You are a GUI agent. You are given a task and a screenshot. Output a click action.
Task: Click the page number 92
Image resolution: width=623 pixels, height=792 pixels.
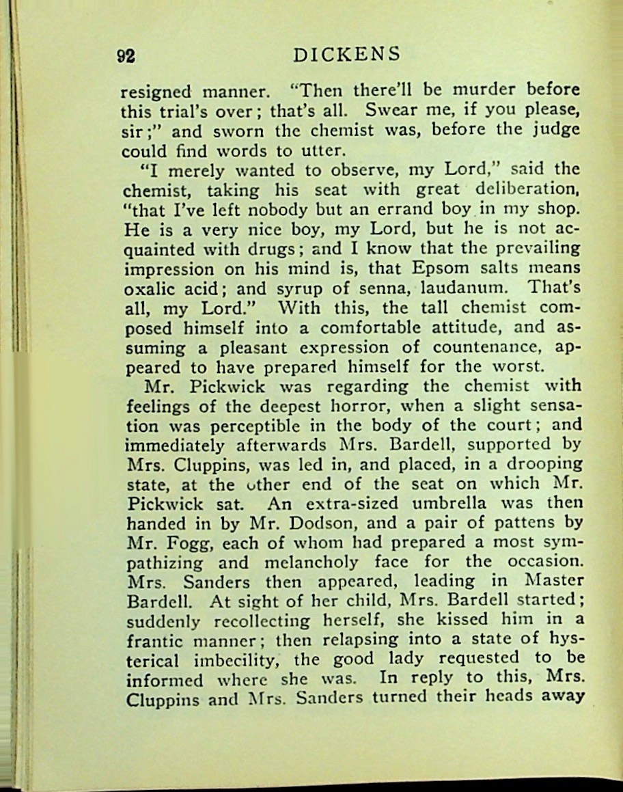tap(125, 57)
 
